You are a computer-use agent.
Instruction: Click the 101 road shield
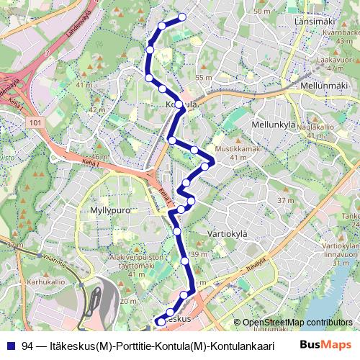[x=37, y=123]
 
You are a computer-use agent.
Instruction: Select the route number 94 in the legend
[x=27, y=345]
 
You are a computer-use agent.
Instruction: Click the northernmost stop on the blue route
[x=182, y=17]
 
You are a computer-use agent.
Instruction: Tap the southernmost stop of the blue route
[x=159, y=321]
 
